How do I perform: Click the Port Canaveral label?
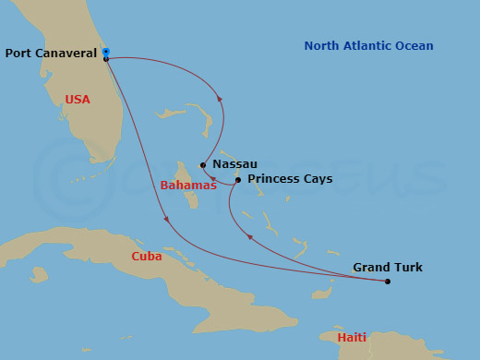click(x=51, y=54)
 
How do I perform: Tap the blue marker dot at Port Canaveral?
click(x=106, y=51)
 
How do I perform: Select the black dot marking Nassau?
click(x=203, y=166)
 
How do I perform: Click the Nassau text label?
click(x=234, y=164)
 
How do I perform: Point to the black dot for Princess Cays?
click(x=238, y=180)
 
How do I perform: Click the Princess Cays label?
click(x=290, y=179)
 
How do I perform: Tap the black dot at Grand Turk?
click(x=388, y=282)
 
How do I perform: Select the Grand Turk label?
click(x=388, y=268)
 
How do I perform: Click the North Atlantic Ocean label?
click(x=368, y=46)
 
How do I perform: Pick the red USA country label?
click(x=78, y=100)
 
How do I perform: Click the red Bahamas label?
click(x=188, y=186)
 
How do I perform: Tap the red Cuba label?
click(x=147, y=257)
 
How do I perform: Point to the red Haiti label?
click(x=352, y=338)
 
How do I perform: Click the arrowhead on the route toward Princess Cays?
click(x=248, y=237)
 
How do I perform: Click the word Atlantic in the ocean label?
click(x=368, y=46)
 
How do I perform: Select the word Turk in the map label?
click(x=407, y=268)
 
